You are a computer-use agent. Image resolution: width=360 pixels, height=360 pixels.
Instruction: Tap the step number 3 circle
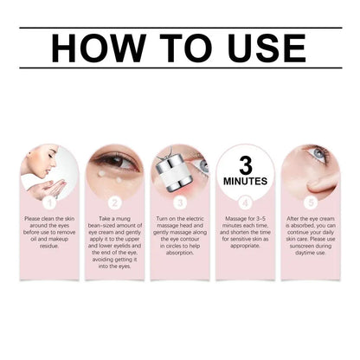click(x=180, y=201)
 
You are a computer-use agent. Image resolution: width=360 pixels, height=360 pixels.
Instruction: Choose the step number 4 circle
click(x=244, y=201)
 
